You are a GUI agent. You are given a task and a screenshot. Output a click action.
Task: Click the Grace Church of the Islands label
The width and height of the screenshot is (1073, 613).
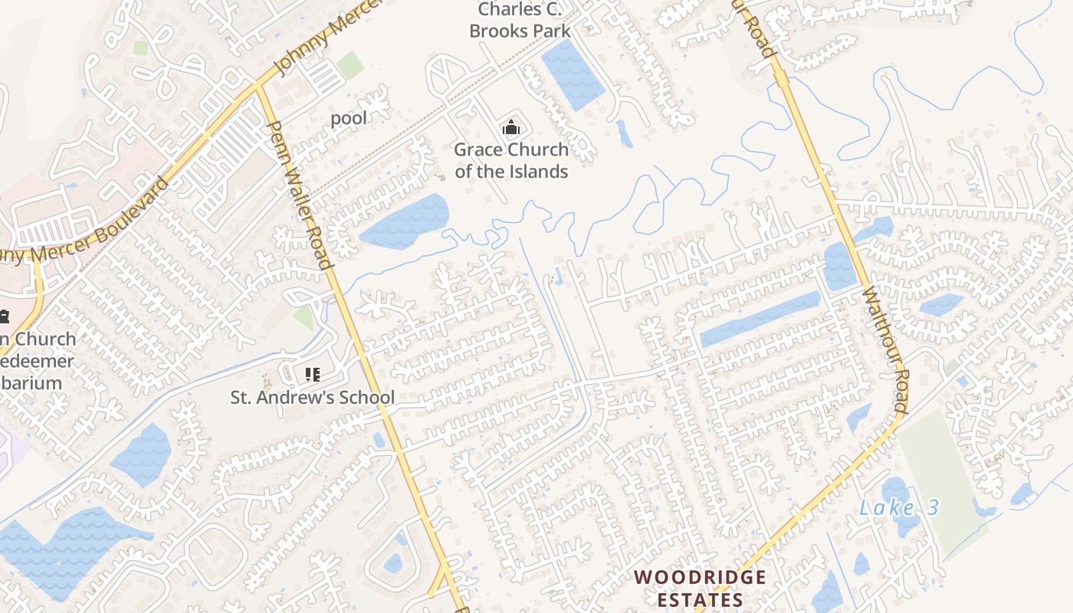(x=511, y=160)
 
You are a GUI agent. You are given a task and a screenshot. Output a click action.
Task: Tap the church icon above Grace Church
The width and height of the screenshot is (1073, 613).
(x=510, y=126)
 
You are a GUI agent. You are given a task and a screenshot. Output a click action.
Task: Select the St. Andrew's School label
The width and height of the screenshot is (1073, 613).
(x=313, y=397)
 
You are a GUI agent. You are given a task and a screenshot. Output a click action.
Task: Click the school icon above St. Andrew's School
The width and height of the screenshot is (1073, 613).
(x=312, y=375)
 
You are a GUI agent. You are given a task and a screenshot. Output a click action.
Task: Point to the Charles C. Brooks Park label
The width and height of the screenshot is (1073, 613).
(x=520, y=21)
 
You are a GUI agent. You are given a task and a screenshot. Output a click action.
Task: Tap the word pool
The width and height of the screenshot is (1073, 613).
(x=349, y=118)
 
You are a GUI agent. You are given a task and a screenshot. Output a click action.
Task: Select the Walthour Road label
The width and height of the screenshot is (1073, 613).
(x=884, y=349)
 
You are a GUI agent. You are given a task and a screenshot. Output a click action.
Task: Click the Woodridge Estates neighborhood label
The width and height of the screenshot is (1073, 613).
(x=700, y=588)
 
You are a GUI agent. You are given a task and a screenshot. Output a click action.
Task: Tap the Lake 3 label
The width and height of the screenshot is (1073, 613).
(x=899, y=507)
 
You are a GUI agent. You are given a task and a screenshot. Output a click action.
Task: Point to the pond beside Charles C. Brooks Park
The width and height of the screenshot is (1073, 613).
(x=573, y=74)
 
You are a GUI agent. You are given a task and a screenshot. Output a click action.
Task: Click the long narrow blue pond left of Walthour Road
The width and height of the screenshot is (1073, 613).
(x=760, y=319)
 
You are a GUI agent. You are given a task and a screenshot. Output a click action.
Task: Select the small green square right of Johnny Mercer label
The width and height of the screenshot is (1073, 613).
(x=349, y=65)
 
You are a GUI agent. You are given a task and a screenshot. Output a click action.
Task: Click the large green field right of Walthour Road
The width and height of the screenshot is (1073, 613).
(x=942, y=475)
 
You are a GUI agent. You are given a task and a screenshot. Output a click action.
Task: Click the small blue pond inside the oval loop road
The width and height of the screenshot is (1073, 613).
(x=393, y=563)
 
